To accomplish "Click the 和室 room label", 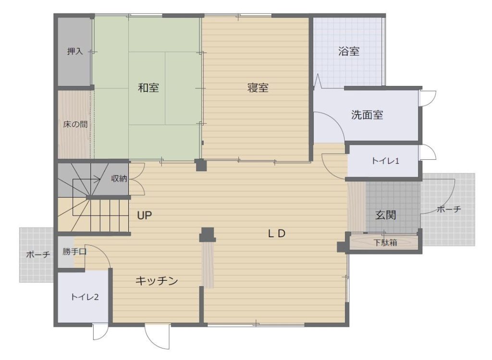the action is tap(148, 87).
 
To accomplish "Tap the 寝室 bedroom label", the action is tap(258, 87).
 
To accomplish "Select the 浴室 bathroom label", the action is tap(349, 51).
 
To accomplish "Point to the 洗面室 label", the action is tap(367, 115).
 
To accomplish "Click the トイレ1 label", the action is tap(385, 161).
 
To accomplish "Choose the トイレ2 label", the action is tap(85, 297).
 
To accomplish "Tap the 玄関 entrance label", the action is tap(386, 215).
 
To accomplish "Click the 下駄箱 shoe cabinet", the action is tap(385, 242).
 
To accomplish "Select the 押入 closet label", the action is tap(74, 51).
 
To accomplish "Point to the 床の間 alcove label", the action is tap(75, 124).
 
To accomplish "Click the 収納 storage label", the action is tap(119, 179).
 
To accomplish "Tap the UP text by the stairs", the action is tap(144, 216).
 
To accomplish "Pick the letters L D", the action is tap(277, 233).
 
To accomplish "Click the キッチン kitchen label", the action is tap(157, 281).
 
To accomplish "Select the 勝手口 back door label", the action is tap(74, 252).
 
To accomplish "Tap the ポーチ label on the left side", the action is tap(38, 254).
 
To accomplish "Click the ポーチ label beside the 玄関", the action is tap(449, 209).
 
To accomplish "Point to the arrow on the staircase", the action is tap(86, 180).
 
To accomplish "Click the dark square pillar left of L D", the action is tap(208, 234).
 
